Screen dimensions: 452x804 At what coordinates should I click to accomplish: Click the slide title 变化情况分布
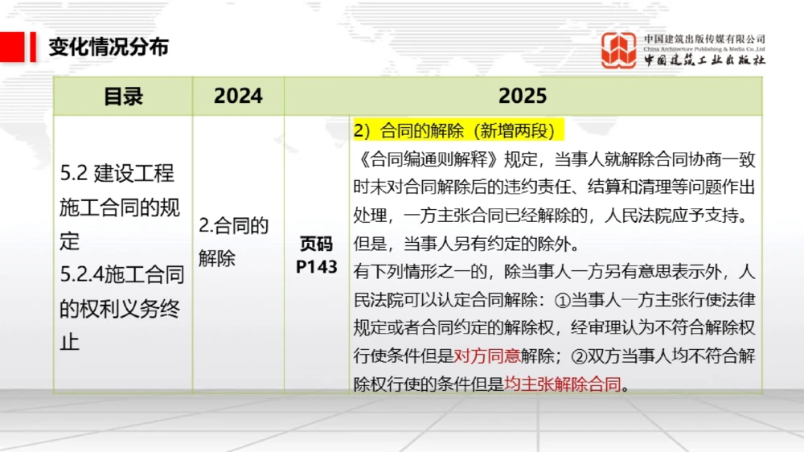[109, 47]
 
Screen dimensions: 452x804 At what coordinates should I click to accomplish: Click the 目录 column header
[123, 97]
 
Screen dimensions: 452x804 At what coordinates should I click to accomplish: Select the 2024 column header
[238, 97]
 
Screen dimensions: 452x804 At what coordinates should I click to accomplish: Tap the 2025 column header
[523, 97]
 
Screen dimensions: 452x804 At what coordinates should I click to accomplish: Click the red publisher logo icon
[619, 50]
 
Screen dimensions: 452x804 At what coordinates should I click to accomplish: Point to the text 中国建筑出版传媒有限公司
[704, 39]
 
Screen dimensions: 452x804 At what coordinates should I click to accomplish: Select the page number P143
[316, 267]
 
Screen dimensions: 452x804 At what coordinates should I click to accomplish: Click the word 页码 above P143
[316, 244]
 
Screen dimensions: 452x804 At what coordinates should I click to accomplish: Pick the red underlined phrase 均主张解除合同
[564, 384]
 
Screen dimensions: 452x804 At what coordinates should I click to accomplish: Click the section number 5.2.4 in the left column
[82, 275]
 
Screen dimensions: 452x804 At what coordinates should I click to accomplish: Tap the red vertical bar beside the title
[33, 47]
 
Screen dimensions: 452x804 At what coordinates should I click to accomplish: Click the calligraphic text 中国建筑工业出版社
[704, 60]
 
